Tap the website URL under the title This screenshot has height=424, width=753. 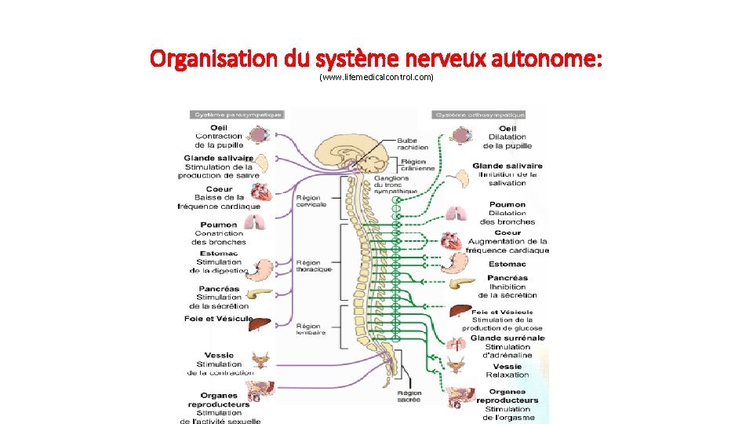[x=376, y=79]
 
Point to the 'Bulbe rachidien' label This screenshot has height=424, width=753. [x=413, y=144]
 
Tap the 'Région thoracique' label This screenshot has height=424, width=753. [x=314, y=266]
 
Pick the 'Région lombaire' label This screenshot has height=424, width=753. [x=311, y=329]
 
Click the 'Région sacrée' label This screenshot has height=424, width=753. [x=409, y=396]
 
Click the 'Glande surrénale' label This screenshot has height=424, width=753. [x=507, y=338]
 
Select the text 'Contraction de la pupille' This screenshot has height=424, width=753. [x=219, y=141]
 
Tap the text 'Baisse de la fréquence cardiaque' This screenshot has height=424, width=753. [x=219, y=202]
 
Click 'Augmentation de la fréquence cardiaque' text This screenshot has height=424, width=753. [x=507, y=246]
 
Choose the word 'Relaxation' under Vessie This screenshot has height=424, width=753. [x=507, y=375]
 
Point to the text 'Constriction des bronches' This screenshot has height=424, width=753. [x=219, y=237]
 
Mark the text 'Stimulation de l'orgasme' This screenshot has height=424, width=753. [x=508, y=413]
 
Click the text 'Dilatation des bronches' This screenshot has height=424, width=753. [x=507, y=217]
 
